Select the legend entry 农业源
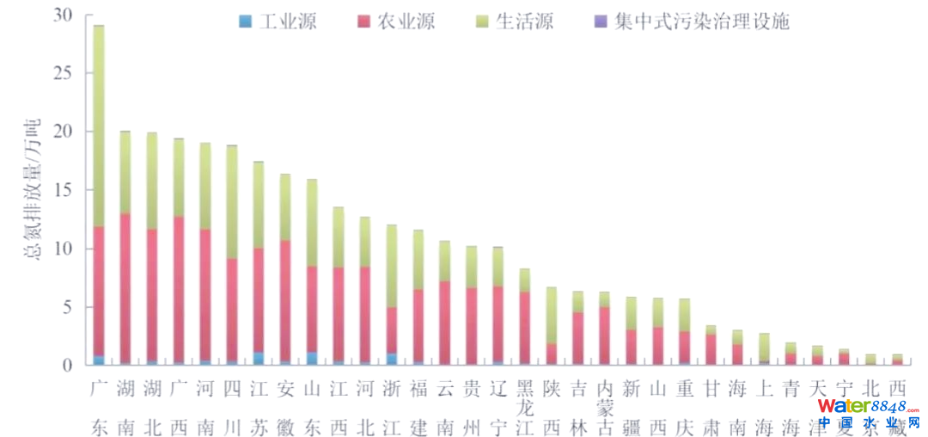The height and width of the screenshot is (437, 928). click(396, 22)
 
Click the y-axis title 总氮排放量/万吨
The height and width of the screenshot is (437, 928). click(37, 189)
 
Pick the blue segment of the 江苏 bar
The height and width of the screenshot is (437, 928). click(259, 359)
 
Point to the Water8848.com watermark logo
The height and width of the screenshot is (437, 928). click(868, 413)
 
